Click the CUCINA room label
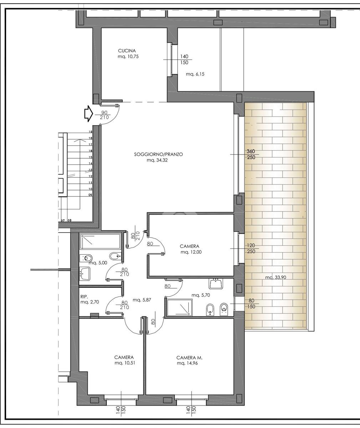coord(127,51)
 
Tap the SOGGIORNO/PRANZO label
coord(158,154)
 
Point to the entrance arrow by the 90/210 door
coord(89,113)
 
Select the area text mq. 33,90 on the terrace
coord(275,277)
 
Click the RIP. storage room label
coord(84,296)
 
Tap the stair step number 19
coord(90,132)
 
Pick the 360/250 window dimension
coord(251,154)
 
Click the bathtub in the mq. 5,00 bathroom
coord(100,241)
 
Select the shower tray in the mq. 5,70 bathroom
coord(179,307)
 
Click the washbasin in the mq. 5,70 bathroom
coord(216,283)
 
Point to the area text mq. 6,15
coord(195,74)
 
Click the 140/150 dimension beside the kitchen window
coord(184,60)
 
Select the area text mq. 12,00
coord(191,252)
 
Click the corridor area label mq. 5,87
coord(142,300)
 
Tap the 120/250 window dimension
coord(251,249)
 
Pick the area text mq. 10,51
coord(125,363)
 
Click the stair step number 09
coord(90,195)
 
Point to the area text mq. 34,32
coord(157,160)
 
